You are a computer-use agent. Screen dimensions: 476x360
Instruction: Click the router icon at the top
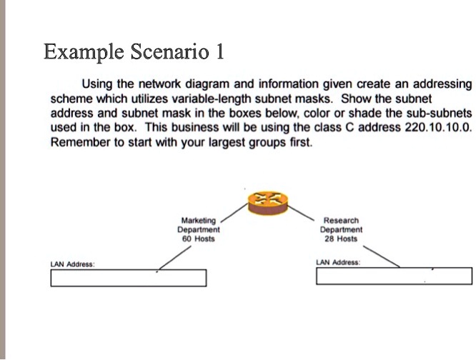[267, 203]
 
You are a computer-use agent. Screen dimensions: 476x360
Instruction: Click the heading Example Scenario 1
[134, 51]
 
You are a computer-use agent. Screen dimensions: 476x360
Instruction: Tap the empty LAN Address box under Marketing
[129, 278]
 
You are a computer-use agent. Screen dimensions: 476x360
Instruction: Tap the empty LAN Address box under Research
[394, 276]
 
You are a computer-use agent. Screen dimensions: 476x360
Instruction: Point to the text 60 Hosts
[199, 239]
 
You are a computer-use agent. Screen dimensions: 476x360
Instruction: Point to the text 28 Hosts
[341, 239]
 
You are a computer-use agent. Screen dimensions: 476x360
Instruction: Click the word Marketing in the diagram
[199, 221]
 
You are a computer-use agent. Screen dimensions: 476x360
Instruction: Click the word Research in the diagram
[341, 221]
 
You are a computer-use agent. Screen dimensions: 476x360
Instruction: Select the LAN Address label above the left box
[73, 264]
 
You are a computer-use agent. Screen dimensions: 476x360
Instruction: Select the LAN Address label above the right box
[338, 262]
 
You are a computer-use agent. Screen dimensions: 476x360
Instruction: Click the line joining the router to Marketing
[234, 213]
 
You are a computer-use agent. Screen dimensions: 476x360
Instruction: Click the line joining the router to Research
[300, 213]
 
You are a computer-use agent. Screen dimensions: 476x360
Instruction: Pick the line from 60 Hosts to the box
[175, 257]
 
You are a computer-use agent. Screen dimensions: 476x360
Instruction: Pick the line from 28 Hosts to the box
[381, 256]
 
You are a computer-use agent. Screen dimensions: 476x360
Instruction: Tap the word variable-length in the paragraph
[212, 99]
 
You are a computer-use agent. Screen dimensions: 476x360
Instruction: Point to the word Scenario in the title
[169, 51]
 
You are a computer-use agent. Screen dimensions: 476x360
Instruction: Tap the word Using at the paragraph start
[97, 84]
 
